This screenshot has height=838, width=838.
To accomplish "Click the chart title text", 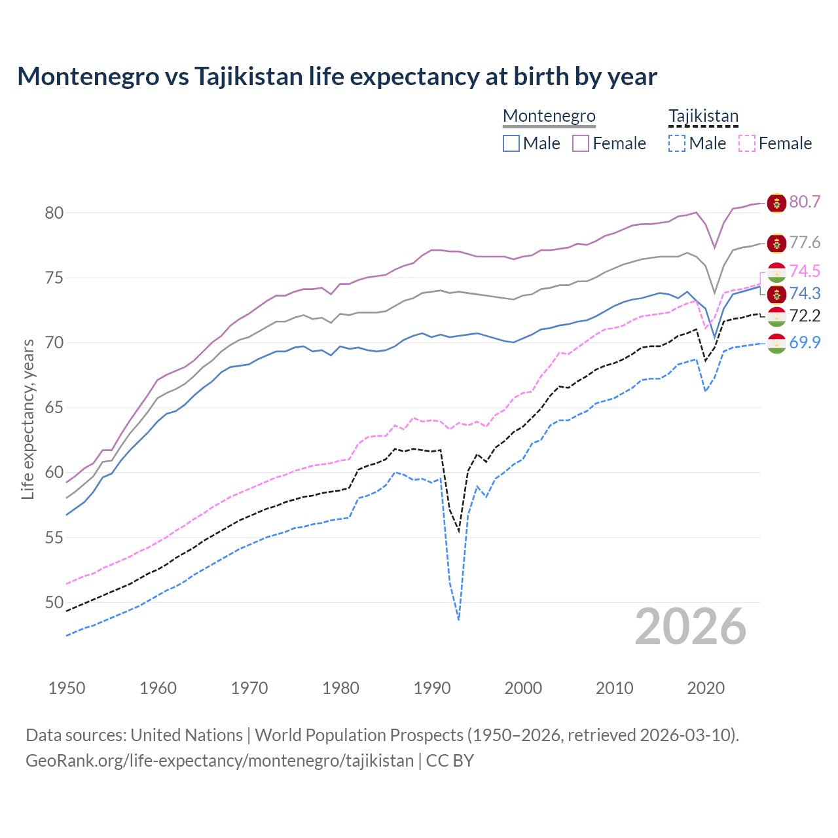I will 337,77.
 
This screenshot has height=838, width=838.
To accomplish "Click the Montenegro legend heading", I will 549,116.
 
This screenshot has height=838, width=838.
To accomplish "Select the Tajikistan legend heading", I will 703,116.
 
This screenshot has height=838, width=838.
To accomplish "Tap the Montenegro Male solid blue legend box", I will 511,143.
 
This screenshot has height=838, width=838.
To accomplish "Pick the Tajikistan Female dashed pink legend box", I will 747,143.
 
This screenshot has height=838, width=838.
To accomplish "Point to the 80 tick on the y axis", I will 54,213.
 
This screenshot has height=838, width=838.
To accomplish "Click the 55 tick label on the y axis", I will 54,537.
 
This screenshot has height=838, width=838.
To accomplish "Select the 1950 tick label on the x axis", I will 67,688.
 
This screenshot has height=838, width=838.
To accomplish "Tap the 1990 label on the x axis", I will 432,688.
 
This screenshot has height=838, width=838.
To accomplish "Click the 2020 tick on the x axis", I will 706,688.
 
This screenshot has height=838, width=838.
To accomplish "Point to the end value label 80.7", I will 805,202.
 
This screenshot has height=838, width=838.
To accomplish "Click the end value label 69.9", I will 805,342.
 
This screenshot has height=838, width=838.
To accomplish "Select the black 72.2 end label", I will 805,316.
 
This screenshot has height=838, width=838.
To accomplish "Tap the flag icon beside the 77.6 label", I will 776,244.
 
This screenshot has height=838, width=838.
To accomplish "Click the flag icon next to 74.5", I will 776,272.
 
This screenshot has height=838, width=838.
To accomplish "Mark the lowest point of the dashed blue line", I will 458,619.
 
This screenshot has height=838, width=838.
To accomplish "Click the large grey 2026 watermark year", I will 691,627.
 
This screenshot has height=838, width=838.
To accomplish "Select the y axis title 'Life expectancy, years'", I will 28,419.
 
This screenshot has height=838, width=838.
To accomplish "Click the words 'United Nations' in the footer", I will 187,735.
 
